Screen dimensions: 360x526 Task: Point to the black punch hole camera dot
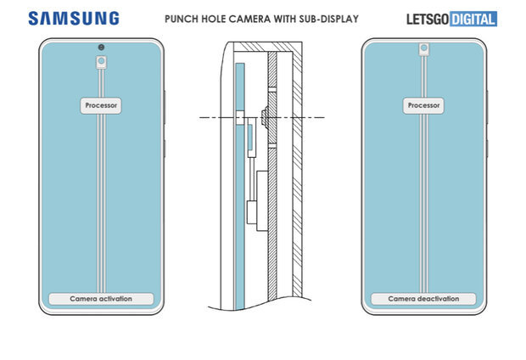[102, 46]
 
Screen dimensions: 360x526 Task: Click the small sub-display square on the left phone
[102, 62]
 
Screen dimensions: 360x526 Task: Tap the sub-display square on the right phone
[422, 62]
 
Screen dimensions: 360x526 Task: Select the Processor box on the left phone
[102, 106]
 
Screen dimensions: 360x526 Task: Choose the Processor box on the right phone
[422, 106]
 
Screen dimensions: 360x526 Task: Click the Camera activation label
[102, 299]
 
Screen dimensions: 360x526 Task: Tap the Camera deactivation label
[422, 299]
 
